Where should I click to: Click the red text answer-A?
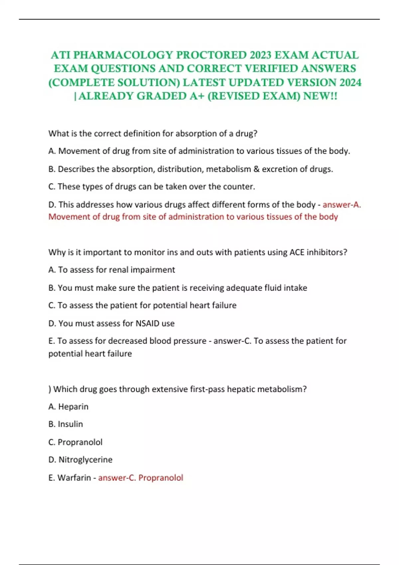(341, 205)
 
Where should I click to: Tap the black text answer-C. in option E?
(232, 341)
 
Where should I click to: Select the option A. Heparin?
(68, 407)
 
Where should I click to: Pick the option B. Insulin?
(66, 424)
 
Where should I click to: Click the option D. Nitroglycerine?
(80, 460)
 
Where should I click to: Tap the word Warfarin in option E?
(74, 478)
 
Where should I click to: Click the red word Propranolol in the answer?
(161, 478)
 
